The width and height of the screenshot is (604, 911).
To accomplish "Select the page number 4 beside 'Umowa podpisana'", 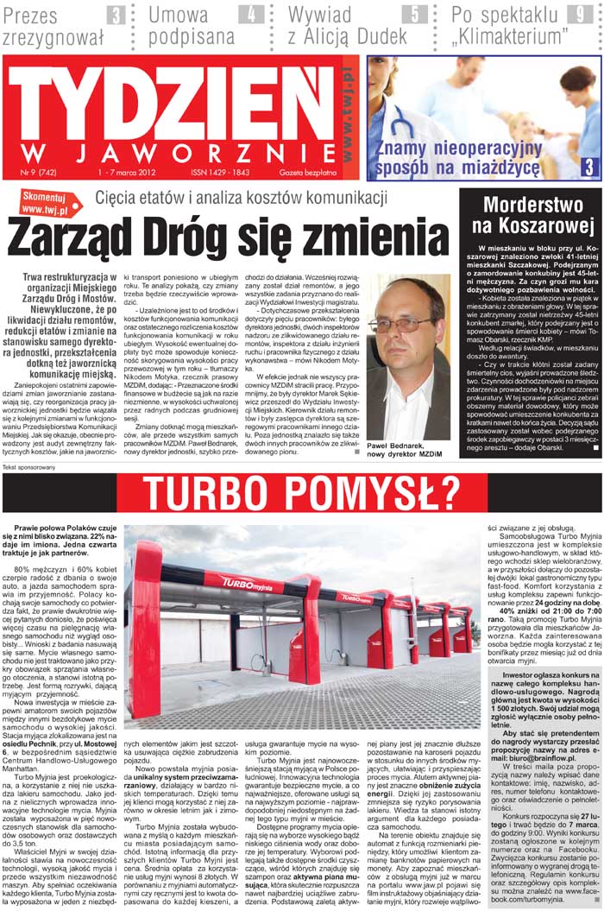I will pos(252,15).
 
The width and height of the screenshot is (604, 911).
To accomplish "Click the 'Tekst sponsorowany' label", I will pos(30,467).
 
